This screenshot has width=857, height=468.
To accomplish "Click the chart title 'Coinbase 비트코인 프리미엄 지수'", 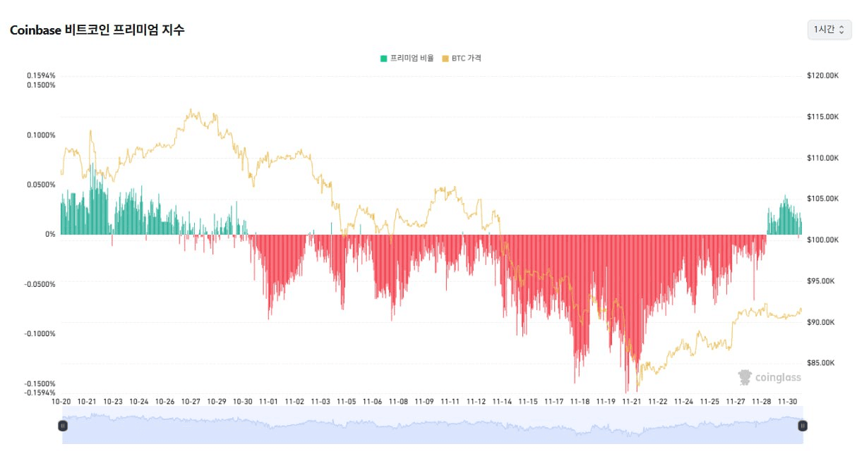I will (97, 30).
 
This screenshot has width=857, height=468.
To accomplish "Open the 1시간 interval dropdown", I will (829, 29).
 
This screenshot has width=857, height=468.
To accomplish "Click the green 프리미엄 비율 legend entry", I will (407, 58).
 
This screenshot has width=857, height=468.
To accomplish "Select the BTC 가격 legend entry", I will (462, 58).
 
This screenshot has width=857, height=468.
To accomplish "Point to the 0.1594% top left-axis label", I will (41, 75).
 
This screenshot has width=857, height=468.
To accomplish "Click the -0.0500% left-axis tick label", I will (40, 284).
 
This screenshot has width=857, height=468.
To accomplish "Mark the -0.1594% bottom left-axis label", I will (40, 393).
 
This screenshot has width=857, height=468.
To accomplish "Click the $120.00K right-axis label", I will (822, 75).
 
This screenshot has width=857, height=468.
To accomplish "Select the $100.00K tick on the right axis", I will (822, 240).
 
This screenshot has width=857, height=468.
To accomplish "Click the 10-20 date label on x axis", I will (61, 401).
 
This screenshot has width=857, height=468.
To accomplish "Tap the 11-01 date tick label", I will (268, 401).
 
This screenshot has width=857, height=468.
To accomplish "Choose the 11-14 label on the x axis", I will (502, 401).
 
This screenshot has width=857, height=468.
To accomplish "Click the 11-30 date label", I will (787, 401).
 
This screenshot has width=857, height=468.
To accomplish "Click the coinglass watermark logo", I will (769, 378).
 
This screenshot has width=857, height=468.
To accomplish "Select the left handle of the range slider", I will (63, 426).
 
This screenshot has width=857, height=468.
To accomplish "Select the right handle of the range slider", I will (802, 426).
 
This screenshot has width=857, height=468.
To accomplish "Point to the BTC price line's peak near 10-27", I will (191, 110).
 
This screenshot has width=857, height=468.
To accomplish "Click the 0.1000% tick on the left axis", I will (41, 135).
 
